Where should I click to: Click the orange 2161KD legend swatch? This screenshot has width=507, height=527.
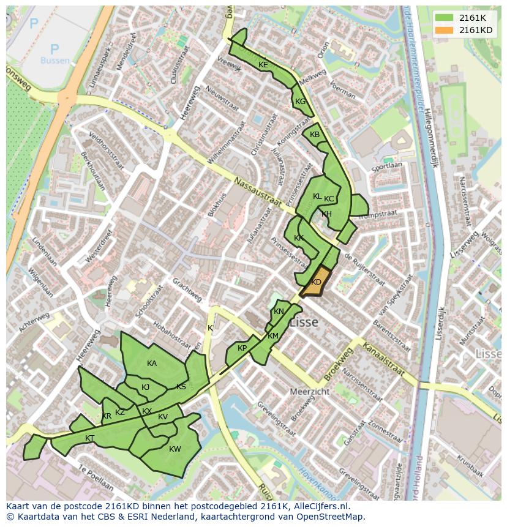(x=445, y=30)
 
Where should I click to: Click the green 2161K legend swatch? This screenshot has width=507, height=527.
(x=445, y=18)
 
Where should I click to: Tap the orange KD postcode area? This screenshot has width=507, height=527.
(x=316, y=282)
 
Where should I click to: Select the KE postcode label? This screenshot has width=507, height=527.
(x=263, y=65)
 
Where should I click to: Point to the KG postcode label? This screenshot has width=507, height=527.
(x=300, y=102)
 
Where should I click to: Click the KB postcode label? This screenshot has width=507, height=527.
(x=315, y=135)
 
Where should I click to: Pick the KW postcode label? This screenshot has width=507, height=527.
(x=175, y=449)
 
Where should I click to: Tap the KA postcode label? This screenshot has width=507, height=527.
(x=152, y=364)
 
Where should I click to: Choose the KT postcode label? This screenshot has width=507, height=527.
(x=90, y=438)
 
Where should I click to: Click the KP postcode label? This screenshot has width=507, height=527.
(x=242, y=348)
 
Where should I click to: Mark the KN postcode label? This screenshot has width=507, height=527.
(x=279, y=312)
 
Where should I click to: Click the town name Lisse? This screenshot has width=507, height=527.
(x=304, y=322)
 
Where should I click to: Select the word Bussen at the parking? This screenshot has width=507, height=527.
(x=55, y=61)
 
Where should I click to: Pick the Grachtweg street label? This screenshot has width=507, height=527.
(x=187, y=290)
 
